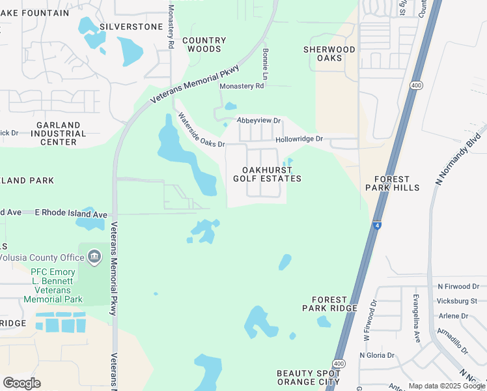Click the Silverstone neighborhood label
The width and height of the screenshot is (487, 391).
tap(131, 27)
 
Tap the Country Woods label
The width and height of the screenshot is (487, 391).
tap(204, 44)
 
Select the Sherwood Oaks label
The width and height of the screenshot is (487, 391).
tap(329, 53)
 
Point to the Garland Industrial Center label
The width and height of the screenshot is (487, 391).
tap(58, 133)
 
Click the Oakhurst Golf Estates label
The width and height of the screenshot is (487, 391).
tap(268, 174)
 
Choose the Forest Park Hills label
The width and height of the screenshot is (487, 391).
tap(392, 183)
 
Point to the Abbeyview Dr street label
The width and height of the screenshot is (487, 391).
tap(258, 121)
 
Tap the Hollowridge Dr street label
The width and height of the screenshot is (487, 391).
tap(299, 139)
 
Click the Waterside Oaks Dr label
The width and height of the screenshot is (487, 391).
tap(201, 130)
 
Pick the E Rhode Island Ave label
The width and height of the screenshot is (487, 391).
tap(70, 214)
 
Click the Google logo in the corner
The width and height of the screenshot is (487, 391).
tap(21, 383)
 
